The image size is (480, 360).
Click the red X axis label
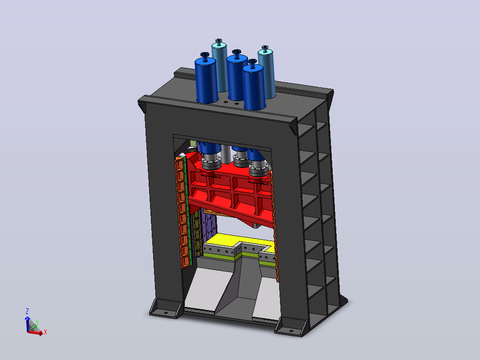[45, 332]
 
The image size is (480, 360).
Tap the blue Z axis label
[27, 311]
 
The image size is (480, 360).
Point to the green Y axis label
[37, 323]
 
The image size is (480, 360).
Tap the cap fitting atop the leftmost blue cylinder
[205, 57]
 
